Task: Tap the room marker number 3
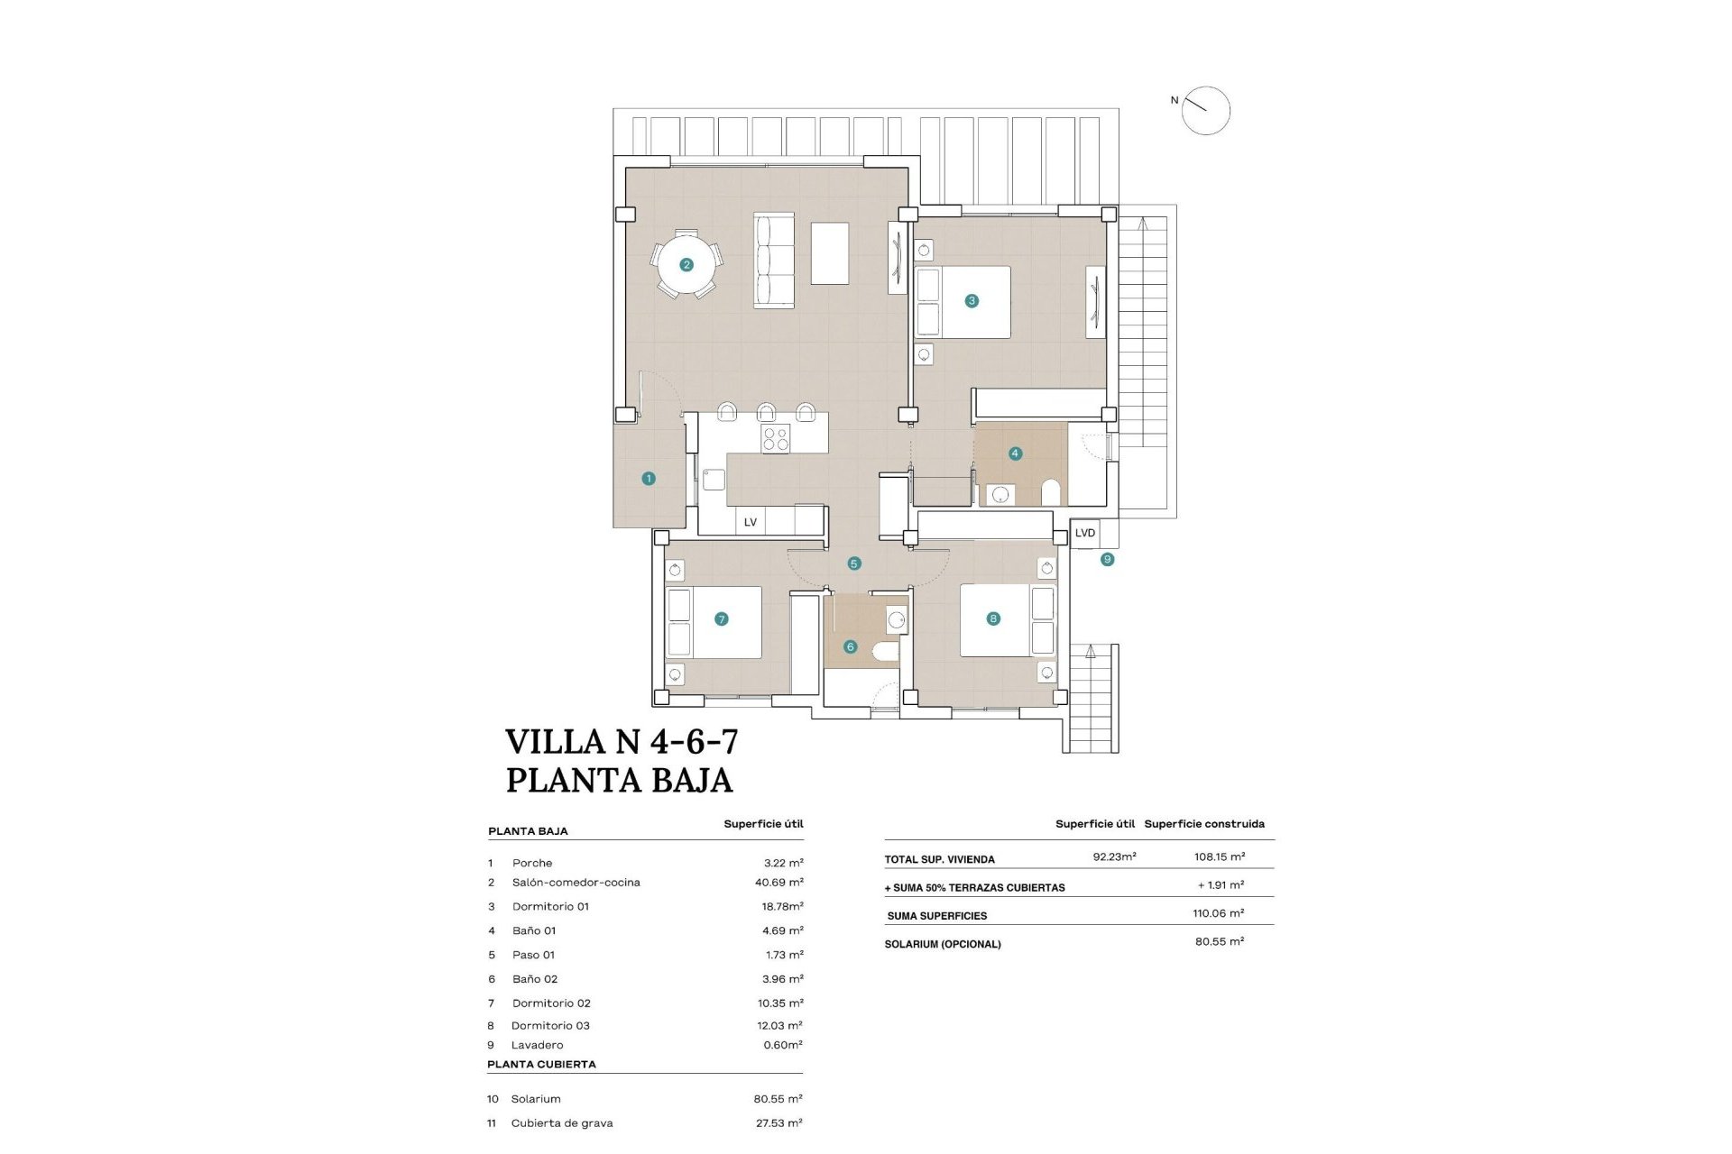tap(972, 301)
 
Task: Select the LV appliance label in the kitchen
tap(750, 522)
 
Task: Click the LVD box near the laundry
tap(1084, 533)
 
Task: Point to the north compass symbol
tap(1205, 111)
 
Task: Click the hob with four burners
tap(775, 439)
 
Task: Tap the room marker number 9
tap(1107, 560)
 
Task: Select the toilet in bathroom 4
tap(1050, 493)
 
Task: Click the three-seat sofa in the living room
tap(774, 261)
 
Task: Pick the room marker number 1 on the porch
tap(648, 479)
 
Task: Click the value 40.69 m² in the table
tap(778, 883)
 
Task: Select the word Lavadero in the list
tap(537, 1045)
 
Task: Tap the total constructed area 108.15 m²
tap(1219, 856)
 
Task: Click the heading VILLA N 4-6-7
tap(622, 742)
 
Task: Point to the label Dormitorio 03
tap(550, 1025)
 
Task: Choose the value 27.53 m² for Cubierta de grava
tap(778, 1122)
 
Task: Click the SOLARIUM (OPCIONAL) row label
tap(943, 944)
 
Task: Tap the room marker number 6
tap(850, 646)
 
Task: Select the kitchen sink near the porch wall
tap(714, 479)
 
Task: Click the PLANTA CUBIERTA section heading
tap(541, 1064)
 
